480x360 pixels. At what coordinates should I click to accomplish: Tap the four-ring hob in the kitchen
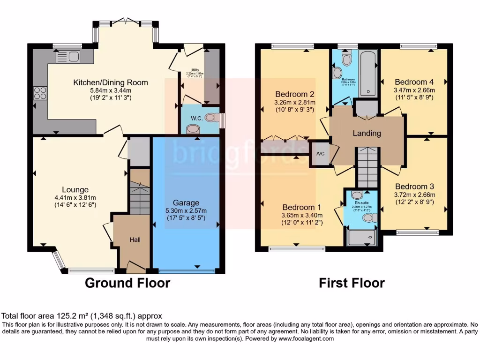pos(40,92)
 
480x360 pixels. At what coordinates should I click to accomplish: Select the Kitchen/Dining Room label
pos(111,82)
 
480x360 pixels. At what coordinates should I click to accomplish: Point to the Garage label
pos(186,203)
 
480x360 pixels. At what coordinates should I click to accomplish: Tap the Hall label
pos(135,240)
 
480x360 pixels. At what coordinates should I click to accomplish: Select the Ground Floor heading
pos(127,283)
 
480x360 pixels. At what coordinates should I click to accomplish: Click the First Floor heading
pos(352,283)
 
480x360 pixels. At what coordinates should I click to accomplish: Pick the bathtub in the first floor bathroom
pos(368,73)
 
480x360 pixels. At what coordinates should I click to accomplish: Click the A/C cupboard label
pos(321,153)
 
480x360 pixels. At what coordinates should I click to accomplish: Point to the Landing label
pos(367,133)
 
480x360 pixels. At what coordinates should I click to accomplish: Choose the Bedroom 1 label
pos(301,207)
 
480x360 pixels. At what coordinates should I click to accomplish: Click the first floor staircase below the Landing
pos(367,167)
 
